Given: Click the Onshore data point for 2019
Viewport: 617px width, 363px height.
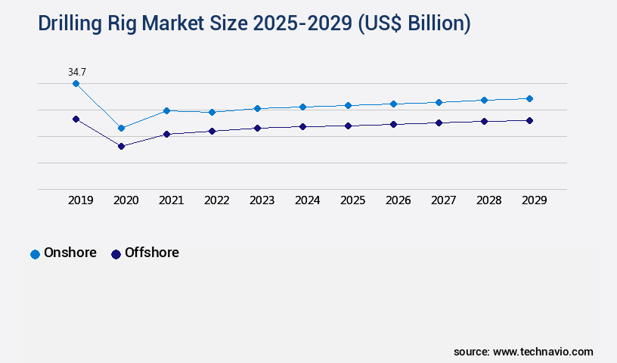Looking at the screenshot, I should [76, 83].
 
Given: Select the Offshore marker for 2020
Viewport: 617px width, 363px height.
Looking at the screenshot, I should [121, 146].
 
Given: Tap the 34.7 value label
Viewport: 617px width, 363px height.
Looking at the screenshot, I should [76, 72].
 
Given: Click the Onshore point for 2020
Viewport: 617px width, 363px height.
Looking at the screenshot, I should [121, 128].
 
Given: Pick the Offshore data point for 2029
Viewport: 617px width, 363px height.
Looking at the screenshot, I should [529, 120].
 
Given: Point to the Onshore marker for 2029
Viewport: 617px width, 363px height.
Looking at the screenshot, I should [529, 98].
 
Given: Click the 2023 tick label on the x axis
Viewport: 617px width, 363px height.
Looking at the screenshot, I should [262, 200].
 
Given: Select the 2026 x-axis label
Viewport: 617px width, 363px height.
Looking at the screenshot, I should [398, 200].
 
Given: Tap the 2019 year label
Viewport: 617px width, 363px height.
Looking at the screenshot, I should [80, 200].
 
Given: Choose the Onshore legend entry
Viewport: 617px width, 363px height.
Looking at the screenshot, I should [64, 253].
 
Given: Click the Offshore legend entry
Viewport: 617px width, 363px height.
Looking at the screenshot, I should [145, 253].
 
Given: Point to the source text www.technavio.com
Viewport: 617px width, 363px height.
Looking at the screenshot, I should [543, 352].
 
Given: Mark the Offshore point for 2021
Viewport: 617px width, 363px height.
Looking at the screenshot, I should [166, 134].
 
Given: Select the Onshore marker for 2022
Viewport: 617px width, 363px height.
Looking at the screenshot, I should [212, 112].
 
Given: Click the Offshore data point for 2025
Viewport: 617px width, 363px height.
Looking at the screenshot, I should [348, 126].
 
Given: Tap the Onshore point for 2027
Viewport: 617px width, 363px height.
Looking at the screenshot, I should [439, 102].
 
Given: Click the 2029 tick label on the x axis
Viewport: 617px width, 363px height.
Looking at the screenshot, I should [534, 200].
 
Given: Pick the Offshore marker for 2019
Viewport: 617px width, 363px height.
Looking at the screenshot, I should [76, 119].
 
